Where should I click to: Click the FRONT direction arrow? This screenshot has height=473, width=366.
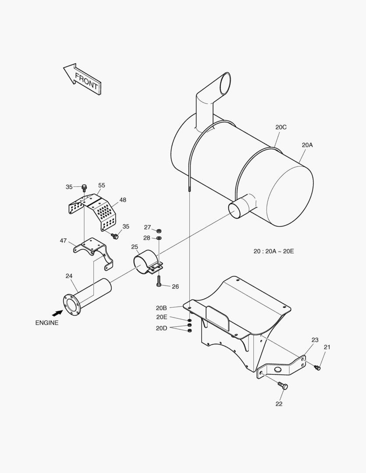point(83,79)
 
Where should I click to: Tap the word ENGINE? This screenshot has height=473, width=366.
point(47,323)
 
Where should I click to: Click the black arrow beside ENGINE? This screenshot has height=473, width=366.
point(57,313)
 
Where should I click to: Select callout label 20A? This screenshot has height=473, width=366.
point(307,145)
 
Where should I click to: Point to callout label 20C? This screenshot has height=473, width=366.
point(281,127)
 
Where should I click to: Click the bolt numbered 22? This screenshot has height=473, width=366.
point(283,386)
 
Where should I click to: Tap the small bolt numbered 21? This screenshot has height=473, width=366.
point(318,367)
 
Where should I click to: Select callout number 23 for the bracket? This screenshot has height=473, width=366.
point(315,340)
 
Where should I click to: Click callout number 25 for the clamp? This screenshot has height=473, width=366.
point(135,247)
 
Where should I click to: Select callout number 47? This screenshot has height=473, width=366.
point(64,240)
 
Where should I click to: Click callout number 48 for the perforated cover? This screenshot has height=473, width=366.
point(123,200)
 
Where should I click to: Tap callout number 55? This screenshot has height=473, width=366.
point(102,185)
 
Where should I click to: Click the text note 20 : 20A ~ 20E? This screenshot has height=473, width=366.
point(274,251)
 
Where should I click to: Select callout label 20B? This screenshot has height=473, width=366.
point(162,307)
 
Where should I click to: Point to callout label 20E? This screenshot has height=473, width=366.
point(162,317)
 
